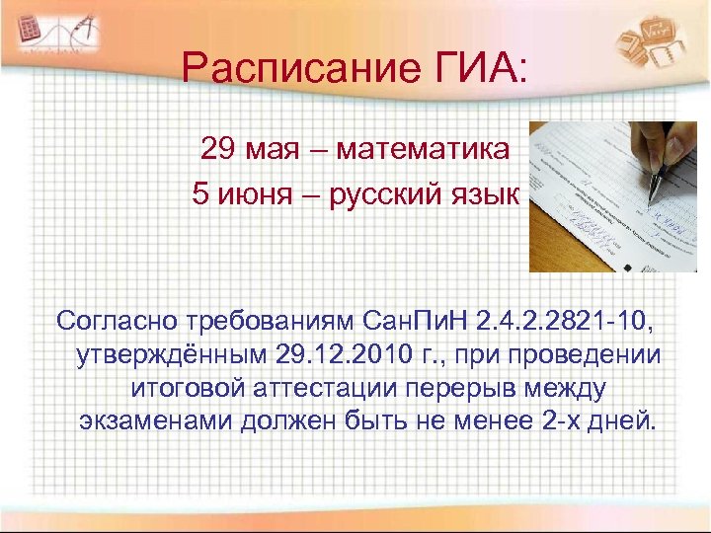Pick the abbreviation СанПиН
(x=416, y=321)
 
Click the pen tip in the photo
(x=651, y=204)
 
